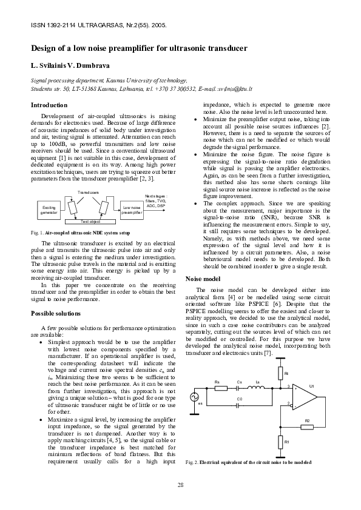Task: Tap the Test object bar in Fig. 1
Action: tap(90, 222)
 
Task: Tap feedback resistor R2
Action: tap(307, 426)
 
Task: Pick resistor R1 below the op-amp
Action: tap(280, 442)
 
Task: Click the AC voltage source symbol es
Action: tap(195, 397)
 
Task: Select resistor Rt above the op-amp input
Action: tap(280, 374)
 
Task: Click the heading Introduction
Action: tap(49, 105)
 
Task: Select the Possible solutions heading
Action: tap(55, 313)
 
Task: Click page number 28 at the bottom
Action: tap(181, 485)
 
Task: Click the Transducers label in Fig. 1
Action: tap(89, 192)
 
